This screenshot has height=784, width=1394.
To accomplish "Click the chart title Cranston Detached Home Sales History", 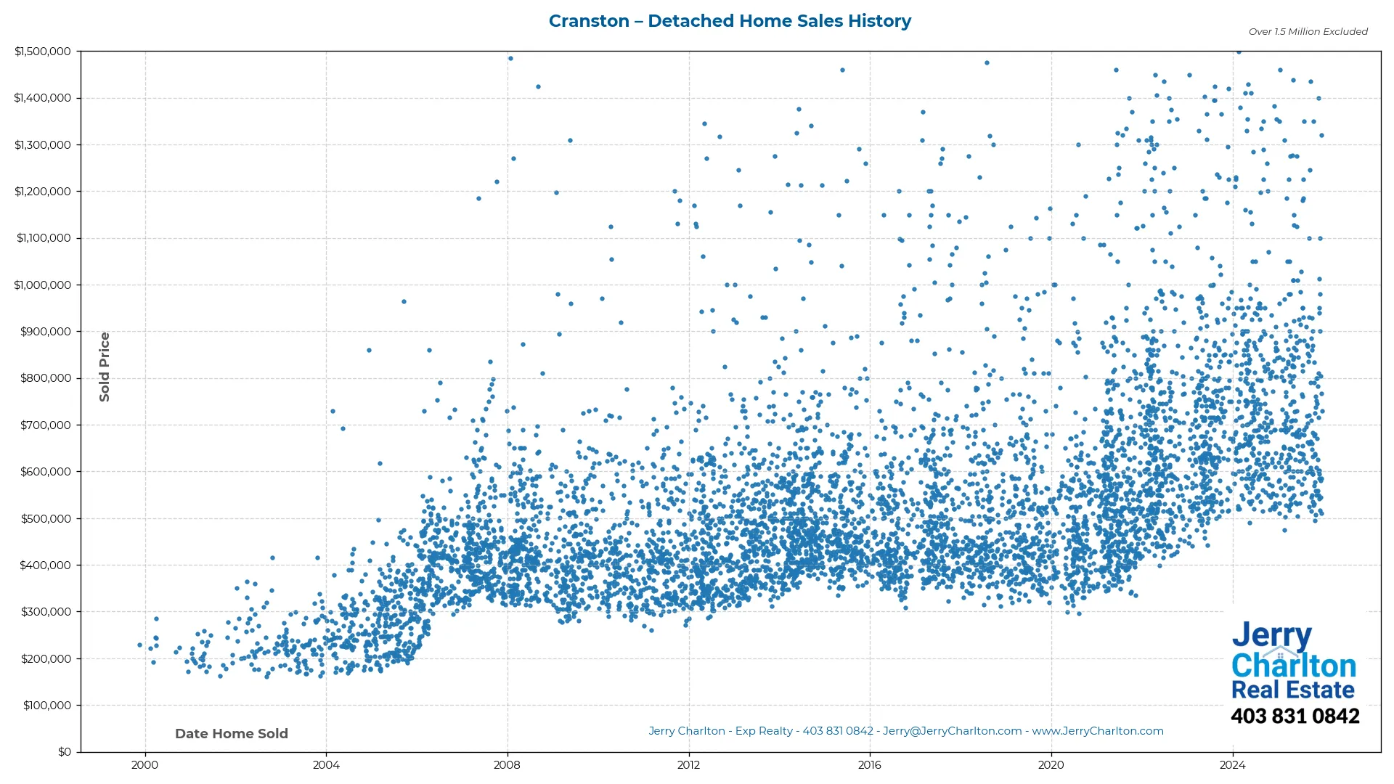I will click(x=730, y=21).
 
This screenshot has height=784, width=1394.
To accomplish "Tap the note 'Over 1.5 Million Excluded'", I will click(x=1308, y=32).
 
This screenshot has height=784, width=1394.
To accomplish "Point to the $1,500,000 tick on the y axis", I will click(x=43, y=52).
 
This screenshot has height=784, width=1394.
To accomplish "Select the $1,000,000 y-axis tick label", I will click(x=43, y=285).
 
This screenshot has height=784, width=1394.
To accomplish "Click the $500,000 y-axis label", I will click(x=46, y=519).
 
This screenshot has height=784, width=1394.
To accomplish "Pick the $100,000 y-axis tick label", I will click(x=46, y=706).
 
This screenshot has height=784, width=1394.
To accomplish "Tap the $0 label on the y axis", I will click(x=64, y=752).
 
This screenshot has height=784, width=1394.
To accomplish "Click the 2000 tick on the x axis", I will click(x=144, y=765).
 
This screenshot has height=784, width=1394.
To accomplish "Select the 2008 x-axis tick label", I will click(x=507, y=765).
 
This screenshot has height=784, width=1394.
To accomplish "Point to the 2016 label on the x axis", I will click(x=869, y=765).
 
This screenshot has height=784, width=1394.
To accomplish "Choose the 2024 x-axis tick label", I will click(x=1232, y=765).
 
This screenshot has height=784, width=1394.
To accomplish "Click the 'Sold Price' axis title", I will click(x=105, y=367).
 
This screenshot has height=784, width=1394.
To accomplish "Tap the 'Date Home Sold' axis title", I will click(x=232, y=734).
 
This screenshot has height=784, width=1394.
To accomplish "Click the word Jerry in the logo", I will click(x=1271, y=636).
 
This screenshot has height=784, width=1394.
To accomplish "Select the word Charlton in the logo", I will click(x=1294, y=666).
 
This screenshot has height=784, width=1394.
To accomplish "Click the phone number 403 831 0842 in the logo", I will click(x=1295, y=716).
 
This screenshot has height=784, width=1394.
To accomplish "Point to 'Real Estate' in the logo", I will click(x=1293, y=690).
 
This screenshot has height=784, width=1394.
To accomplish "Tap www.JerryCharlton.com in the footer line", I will click(x=1098, y=731).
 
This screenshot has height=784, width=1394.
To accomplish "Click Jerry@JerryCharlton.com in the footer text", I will click(x=952, y=731).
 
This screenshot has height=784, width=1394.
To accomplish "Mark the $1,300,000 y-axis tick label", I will click(x=43, y=145).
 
